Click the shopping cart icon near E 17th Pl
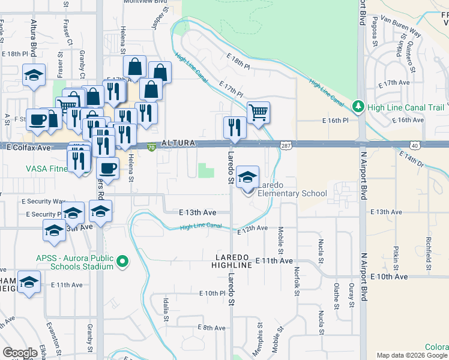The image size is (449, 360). (x=258, y=112)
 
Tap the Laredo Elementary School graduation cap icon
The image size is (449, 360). (x=247, y=177)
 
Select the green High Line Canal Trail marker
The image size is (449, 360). (x=358, y=107)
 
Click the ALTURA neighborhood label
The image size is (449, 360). (x=179, y=143)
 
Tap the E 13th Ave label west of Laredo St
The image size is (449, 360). (x=197, y=212)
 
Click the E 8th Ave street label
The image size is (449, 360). (x=211, y=328)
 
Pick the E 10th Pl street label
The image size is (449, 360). (x=212, y=293)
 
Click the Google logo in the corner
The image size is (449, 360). (x=20, y=353)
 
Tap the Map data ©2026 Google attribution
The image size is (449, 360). (x=411, y=355)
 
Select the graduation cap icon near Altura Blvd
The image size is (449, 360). (x=34, y=76)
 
